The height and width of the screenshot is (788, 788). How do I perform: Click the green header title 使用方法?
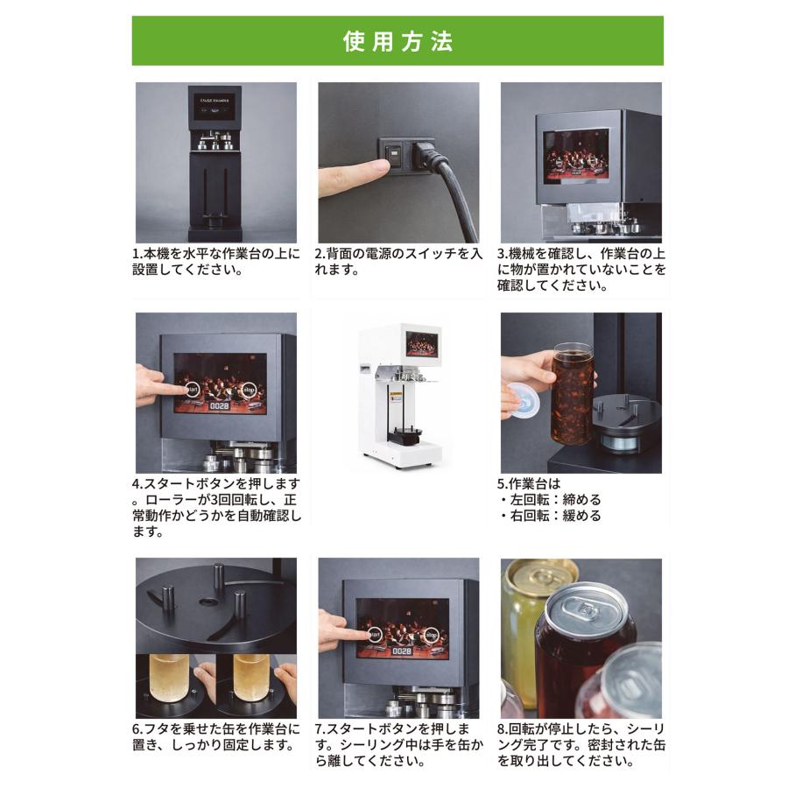pyautogui.click(x=397, y=41)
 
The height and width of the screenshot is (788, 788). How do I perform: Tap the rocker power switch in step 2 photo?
pyautogui.click(x=397, y=158)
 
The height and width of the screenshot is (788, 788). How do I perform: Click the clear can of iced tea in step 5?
pyautogui.click(x=573, y=395)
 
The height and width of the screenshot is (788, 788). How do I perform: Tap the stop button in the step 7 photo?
pyautogui.click(x=430, y=635)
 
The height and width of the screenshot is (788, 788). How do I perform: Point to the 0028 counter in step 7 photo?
pyautogui.click(x=400, y=652)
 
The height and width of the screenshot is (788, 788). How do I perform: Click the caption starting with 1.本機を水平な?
pyautogui.click(x=215, y=262)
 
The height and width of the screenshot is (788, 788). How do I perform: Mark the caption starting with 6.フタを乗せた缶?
pyautogui.click(x=215, y=737)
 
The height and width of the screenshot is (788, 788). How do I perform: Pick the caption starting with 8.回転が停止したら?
pyautogui.click(x=580, y=745)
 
